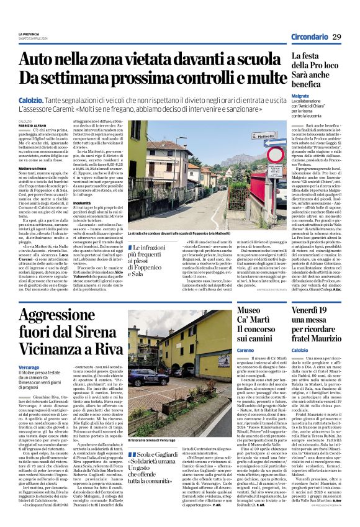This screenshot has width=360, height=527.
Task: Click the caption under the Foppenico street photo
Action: pyautogui.click(x=190, y=233)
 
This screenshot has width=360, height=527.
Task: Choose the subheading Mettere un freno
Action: pyautogui.click(x=31, y=186)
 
